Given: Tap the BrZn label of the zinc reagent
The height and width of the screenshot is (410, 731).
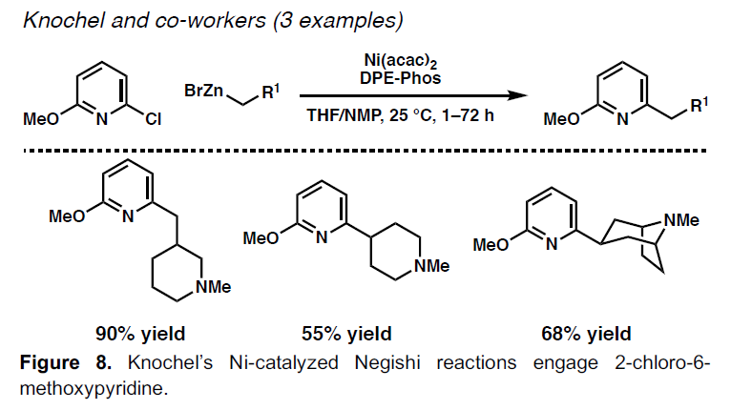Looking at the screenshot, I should click(x=202, y=91).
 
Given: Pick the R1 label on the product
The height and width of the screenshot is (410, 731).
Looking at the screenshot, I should click(x=698, y=106).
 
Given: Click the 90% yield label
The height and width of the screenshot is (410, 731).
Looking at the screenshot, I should click(x=139, y=333).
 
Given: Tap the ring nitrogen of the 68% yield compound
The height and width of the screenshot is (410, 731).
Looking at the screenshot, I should click(x=551, y=245).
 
